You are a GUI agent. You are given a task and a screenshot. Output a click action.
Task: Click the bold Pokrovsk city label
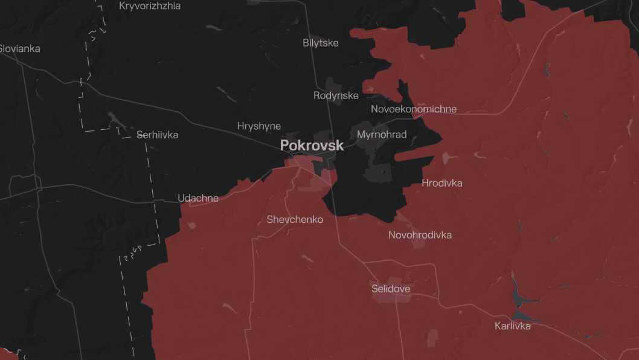point(312,146)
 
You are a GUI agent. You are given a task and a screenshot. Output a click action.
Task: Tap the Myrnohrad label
point(382,134)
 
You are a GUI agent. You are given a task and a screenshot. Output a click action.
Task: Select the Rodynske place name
point(336,95)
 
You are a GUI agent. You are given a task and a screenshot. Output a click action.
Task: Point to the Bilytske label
point(320,43)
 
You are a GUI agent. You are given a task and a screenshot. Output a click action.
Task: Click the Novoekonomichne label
point(413,109)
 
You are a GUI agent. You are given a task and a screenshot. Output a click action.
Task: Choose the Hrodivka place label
point(442,182)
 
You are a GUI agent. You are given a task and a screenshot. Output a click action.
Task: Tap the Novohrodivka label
point(420,235)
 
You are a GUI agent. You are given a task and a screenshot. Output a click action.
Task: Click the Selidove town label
point(391,289)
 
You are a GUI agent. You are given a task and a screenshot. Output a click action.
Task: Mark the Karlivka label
point(512,326)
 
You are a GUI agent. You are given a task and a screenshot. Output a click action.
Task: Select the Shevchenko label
point(295,220)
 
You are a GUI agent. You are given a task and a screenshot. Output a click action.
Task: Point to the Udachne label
point(197,198)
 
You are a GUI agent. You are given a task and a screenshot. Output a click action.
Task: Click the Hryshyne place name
point(258,126)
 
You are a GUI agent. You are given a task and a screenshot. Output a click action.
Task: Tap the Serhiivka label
point(157,135)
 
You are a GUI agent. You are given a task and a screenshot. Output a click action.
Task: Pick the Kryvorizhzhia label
point(150,6)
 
